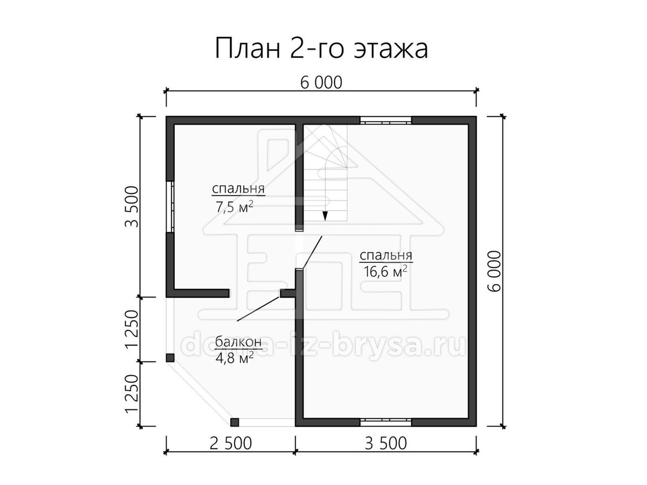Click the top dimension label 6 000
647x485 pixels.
tap(321, 83)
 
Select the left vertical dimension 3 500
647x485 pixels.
tap(132, 206)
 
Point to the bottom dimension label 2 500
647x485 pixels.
tap(231, 443)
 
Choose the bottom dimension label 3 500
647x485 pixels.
tap(386, 443)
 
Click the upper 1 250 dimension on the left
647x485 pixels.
tap(132, 329)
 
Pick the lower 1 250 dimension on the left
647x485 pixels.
tap(132, 394)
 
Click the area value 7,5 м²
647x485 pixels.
tap(235, 207)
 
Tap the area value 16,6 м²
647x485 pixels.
tap(386, 271)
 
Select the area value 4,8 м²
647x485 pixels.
tap(235, 358)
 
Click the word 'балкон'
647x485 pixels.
tap(238, 342)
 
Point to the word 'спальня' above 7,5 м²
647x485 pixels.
tap(238, 189)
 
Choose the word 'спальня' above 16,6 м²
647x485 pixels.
tap(386, 255)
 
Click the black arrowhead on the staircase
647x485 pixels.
tap(325, 217)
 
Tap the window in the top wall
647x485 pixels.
tap(386, 120)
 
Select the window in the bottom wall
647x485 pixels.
tap(386, 422)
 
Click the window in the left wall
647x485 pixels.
tap(170, 207)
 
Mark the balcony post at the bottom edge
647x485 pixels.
tap(235, 422)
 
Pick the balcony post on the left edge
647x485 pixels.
tap(170, 358)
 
